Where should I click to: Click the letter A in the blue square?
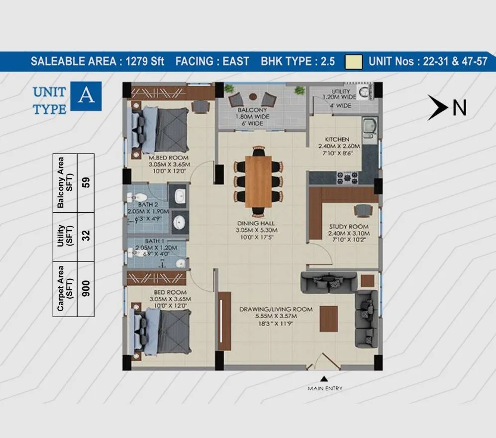pyautogui.click(x=86, y=95)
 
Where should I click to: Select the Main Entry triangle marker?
pyautogui.click(x=324, y=379)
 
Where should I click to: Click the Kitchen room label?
pyautogui.click(x=337, y=139)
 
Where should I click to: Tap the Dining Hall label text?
pyautogui.click(x=256, y=223)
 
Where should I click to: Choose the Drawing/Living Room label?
pyautogui.click(x=276, y=309)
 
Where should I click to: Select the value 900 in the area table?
pyautogui.click(x=86, y=288)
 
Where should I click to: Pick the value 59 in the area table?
pyautogui.click(x=86, y=182)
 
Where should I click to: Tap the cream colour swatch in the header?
pyautogui.click(x=353, y=62)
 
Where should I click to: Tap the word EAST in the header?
pyautogui.click(x=236, y=62)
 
